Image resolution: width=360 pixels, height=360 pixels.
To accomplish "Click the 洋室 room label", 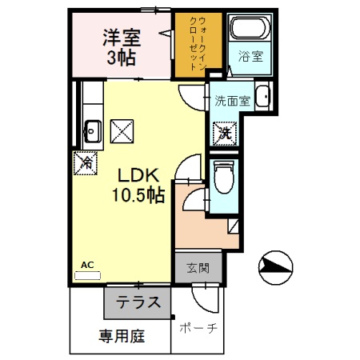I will click(121, 36).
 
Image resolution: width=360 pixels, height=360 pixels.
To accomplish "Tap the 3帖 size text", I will click(121, 57).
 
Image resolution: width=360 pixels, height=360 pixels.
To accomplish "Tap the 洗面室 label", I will click(232, 102).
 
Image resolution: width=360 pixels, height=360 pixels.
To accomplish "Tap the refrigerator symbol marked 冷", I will click(86, 162).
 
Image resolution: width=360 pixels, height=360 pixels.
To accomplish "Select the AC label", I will click(87, 264).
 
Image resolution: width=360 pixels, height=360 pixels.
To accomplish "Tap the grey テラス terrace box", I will click(136, 303).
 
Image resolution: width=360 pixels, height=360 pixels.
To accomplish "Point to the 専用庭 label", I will click(122, 336).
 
